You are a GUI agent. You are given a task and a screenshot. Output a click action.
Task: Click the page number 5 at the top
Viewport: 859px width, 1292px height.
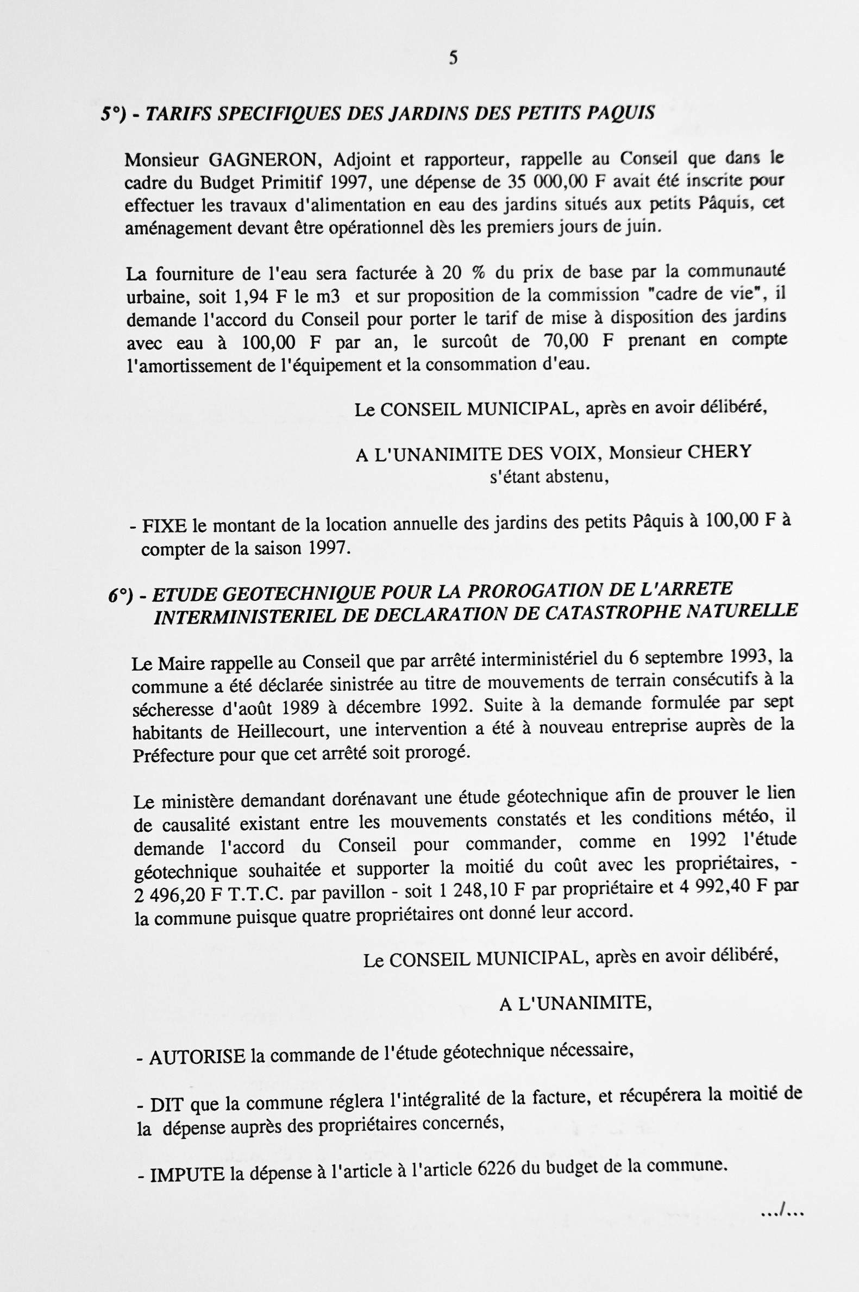pyautogui.click(x=453, y=58)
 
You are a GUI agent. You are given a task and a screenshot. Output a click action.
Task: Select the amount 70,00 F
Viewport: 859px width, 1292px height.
pyautogui.click(x=578, y=341)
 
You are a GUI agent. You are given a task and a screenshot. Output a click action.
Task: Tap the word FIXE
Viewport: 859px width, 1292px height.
pyautogui.click(x=164, y=526)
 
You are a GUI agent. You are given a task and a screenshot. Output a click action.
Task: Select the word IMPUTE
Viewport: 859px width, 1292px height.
pyautogui.click(x=187, y=1174)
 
